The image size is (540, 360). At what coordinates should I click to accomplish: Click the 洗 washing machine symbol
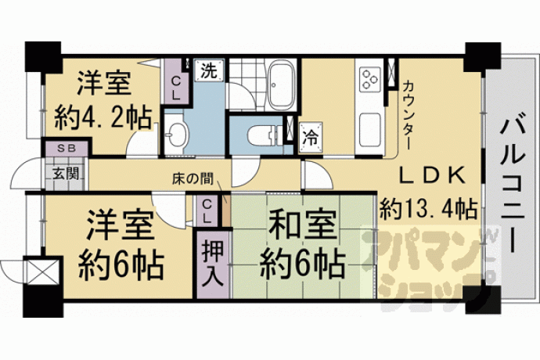(x=210, y=70)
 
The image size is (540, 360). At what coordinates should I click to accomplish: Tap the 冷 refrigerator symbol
(x=311, y=137)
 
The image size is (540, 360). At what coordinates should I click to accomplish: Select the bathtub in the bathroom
(x=282, y=85)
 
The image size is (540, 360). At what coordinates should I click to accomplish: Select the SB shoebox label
(x=67, y=148)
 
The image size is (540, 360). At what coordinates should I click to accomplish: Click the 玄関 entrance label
(x=66, y=174)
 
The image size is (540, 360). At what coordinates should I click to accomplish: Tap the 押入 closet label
(x=213, y=263)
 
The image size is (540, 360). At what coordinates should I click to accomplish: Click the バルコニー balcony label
(x=513, y=185)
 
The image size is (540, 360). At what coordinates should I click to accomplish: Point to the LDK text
(x=432, y=175)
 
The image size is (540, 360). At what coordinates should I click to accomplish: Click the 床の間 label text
(x=193, y=179)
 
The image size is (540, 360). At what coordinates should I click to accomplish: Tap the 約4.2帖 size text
(x=103, y=117)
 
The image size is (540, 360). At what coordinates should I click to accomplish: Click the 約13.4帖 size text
(x=428, y=209)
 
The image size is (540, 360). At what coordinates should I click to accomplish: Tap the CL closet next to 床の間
(x=207, y=212)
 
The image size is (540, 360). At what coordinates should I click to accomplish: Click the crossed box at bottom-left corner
(x=43, y=271)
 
